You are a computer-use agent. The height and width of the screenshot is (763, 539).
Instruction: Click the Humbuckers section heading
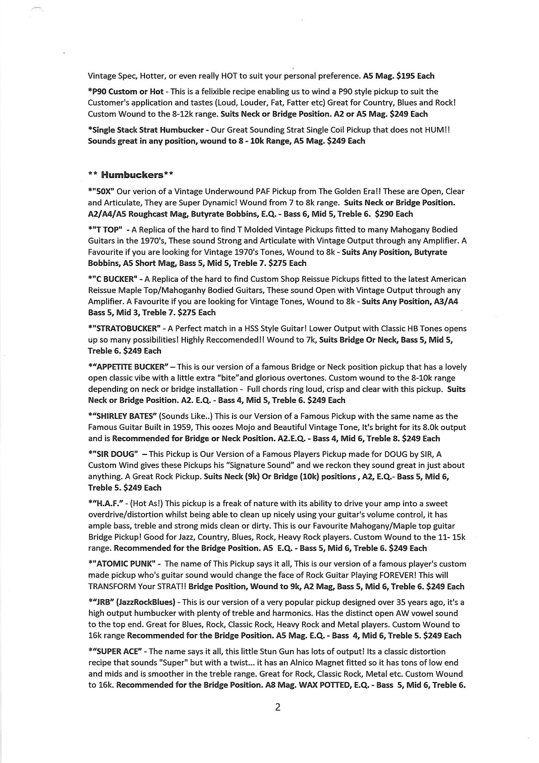tap(132, 175)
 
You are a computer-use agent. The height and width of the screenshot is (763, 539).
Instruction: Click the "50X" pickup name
tap(101, 192)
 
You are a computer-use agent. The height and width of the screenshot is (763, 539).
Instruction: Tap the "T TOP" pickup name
tap(106, 230)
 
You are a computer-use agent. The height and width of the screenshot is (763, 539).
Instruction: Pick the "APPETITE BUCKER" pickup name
tap(129, 367)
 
